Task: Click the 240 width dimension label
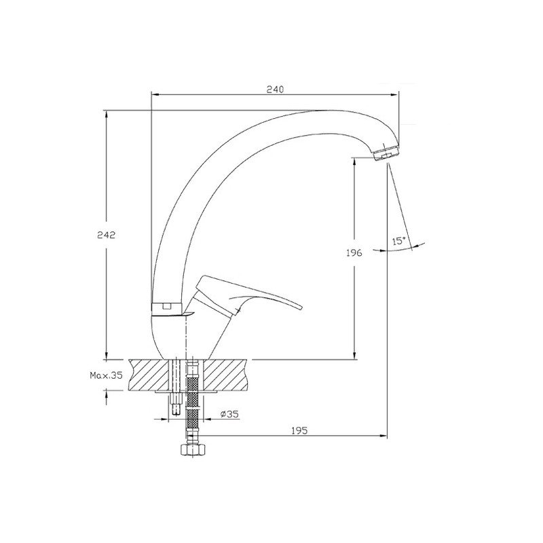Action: click(x=275, y=89)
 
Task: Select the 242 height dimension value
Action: click(x=106, y=235)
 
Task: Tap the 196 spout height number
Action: click(x=354, y=252)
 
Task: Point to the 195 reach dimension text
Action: click(x=299, y=430)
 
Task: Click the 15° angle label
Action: click(x=398, y=241)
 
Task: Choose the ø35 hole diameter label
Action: click(x=229, y=414)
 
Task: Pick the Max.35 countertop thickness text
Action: click(x=106, y=375)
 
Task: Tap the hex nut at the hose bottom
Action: click(x=193, y=451)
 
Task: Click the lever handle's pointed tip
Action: click(x=301, y=307)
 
